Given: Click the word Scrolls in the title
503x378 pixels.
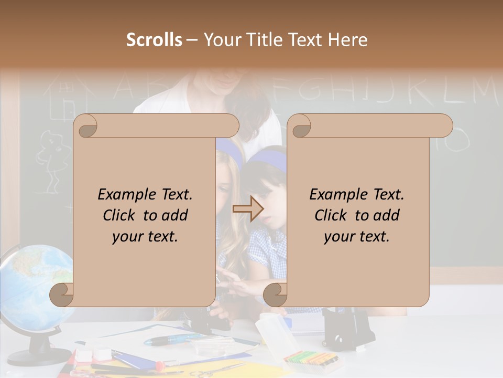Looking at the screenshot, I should click(x=155, y=40).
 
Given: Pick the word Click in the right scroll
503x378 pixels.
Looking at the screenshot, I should click(x=332, y=216).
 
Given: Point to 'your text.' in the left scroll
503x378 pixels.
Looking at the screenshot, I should click(x=145, y=237).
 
